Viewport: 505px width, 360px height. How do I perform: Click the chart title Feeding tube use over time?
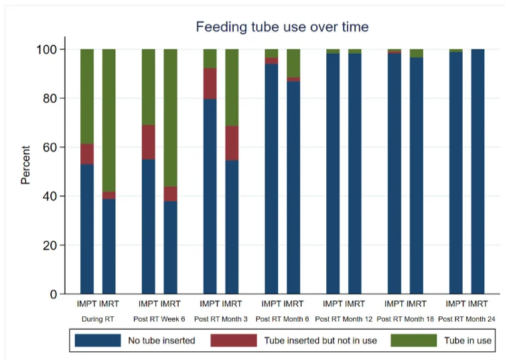[282, 27]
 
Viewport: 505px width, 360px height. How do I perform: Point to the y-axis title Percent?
[25, 165]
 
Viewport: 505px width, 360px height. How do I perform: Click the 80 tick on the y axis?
[50, 99]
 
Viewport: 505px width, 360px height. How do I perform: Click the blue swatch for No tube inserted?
[97, 341]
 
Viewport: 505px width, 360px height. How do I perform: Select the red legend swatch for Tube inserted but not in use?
[234, 341]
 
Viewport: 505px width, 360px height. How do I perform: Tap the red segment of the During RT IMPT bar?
[87, 154]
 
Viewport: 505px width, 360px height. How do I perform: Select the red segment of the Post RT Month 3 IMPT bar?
[210, 84]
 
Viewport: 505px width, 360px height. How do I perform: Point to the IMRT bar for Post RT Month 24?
[478, 172]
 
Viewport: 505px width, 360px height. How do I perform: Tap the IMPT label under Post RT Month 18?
[394, 304]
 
